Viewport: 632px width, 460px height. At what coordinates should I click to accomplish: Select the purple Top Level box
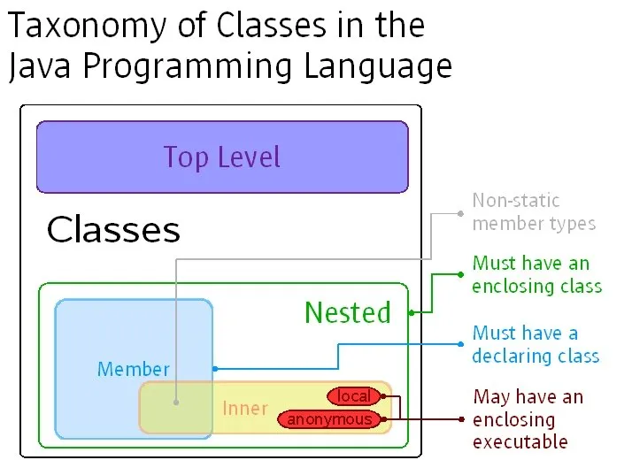coord(222,157)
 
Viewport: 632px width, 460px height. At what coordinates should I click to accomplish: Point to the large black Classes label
coord(113,230)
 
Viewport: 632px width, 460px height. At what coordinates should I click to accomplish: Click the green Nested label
coord(347,312)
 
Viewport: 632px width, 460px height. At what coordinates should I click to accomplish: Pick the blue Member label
coord(133,369)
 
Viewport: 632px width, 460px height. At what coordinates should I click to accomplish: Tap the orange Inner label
coord(244,408)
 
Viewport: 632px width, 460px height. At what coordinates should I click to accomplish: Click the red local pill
coord(354,396)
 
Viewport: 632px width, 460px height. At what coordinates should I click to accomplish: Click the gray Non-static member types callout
coord(534,212)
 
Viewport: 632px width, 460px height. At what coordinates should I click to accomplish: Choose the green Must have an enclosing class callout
coord(536,274)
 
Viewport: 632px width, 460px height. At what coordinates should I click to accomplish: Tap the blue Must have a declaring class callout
coord(535,344)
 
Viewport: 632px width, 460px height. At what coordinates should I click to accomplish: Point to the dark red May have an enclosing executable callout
coord(528,418)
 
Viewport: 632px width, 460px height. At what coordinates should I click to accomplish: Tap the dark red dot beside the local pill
coord(383,396)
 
